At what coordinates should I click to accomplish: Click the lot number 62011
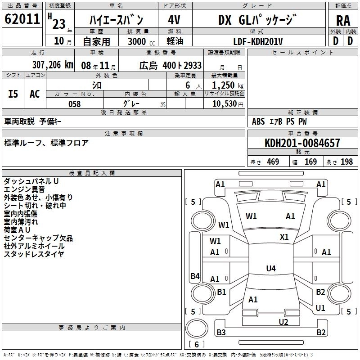click(x=22, y=19)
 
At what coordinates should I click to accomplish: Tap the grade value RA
click(x=343, y=20)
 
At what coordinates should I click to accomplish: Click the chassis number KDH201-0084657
click(x=302, y=144)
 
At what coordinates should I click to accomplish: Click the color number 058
click(x=74, y=104)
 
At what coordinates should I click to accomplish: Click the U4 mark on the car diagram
click(x=270, y=269)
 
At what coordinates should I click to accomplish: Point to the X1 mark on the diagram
click(x=284, y=237)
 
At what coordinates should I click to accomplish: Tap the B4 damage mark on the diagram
click(x=195, y=276)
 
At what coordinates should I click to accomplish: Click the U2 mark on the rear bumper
click(x=283, y=322)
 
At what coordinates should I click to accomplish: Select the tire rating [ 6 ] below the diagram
click(x=196, y=344)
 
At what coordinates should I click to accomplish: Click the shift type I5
click(x=13, y=94)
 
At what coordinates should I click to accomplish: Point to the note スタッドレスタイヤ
click(x=34, y=254)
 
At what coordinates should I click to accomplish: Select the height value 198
click(x=346, y=162)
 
